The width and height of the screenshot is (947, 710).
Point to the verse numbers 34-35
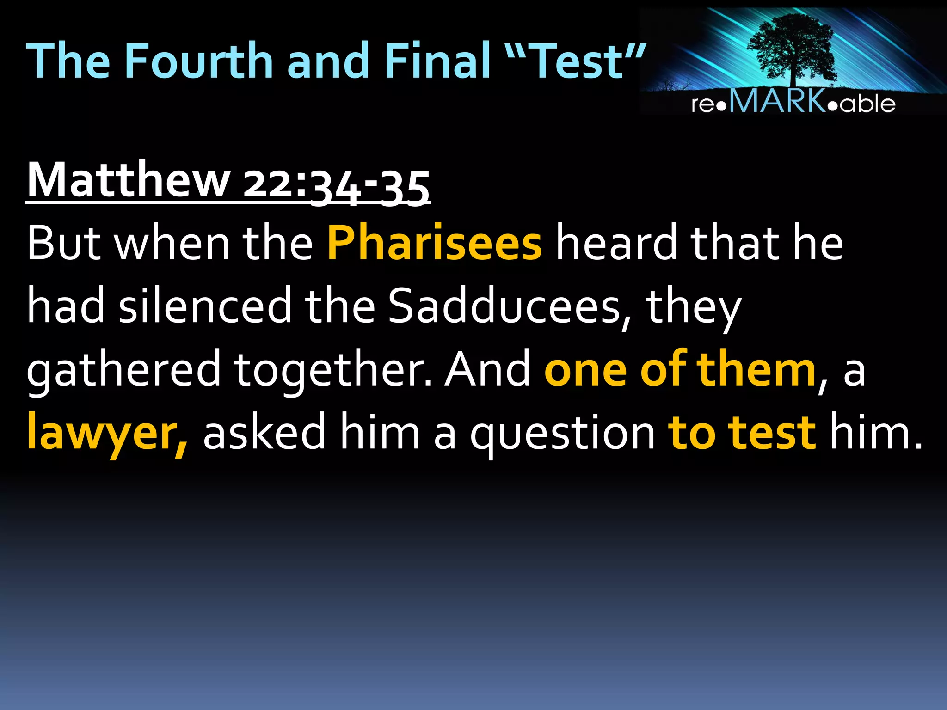click(370, 187)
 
